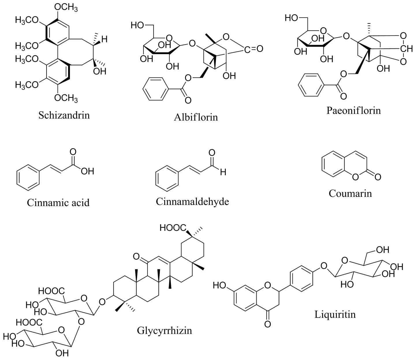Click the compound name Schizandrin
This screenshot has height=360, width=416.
(x=64, y=115)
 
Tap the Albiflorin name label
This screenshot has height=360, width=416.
(x=196, y=117)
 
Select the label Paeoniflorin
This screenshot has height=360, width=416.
(x=353, y=110)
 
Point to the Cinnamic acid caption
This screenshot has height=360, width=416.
(x=58, y=202)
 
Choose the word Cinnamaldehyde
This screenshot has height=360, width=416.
(x=192, y=201)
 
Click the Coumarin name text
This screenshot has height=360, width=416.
(x=350, y=193)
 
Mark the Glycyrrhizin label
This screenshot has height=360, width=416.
(x=164, y=330)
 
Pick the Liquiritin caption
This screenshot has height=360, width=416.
(x=335, y=314)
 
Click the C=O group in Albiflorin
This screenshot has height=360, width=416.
(x=253, y=49)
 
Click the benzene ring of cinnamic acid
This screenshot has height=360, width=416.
(x=28, y=178)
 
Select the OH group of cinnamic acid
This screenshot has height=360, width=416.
(x=87, y=171)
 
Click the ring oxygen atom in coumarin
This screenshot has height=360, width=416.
(x=356, y=177)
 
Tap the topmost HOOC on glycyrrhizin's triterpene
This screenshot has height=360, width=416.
(x=173, y=228)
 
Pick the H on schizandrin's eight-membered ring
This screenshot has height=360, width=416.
(x=104, y=39)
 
